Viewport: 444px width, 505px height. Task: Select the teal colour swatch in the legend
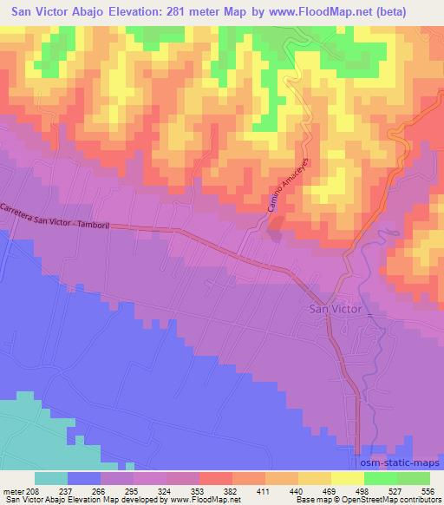click(x=51, y=478)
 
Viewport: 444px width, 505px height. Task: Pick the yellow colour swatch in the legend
click(x=348, y=478)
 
